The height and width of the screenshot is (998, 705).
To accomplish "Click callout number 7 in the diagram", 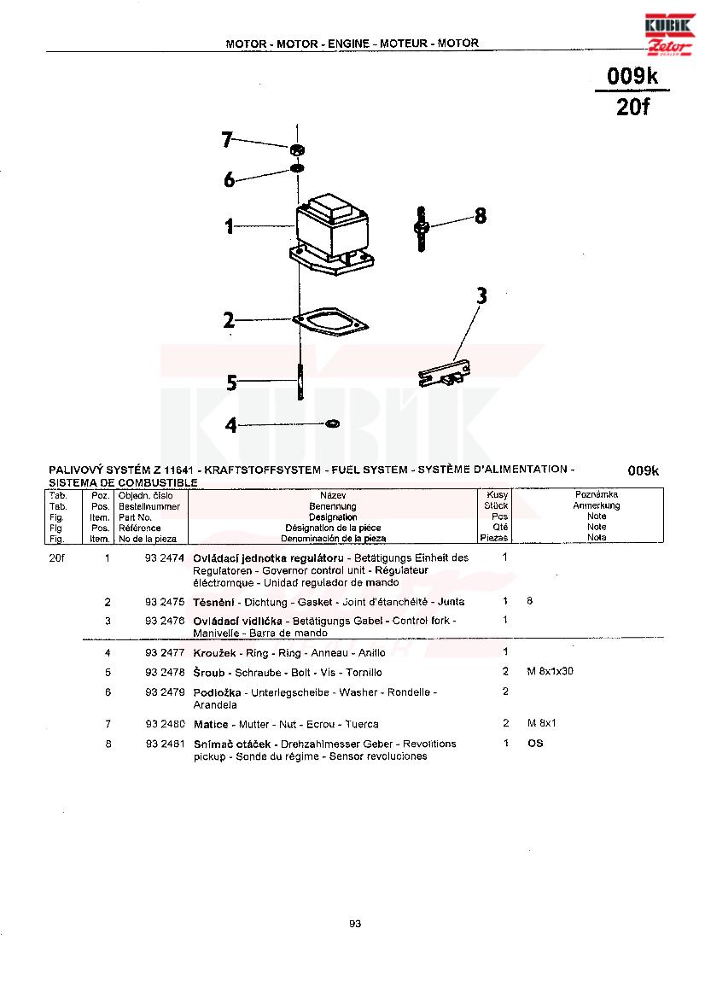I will coord(227,139).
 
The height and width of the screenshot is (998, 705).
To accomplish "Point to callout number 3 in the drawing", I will coord(481,296).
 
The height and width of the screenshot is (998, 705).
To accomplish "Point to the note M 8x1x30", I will coord(551,672).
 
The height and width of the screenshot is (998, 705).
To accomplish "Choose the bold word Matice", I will coord(210,724).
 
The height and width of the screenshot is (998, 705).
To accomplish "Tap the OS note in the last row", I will coord(535,744).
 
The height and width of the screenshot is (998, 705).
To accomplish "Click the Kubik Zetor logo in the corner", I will coord(671,33).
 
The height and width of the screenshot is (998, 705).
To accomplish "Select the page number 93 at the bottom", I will coord(355,924).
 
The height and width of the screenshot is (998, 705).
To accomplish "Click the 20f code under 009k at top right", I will coord(632,108).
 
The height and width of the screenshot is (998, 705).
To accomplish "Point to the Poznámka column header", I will coord(597,495).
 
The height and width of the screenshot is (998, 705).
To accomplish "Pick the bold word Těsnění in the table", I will coord(214,602).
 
